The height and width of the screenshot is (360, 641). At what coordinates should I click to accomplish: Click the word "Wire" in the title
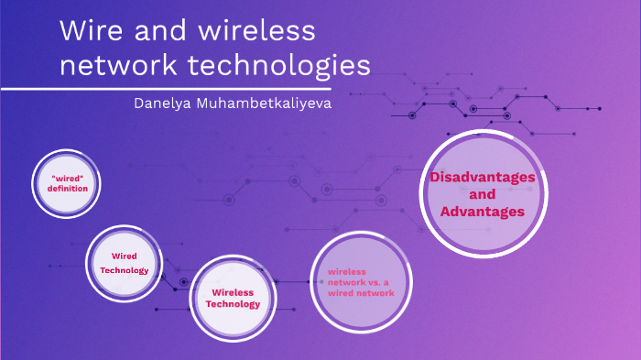click(x=90, y=31)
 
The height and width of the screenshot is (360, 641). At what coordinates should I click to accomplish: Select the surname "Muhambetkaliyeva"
click(x=265, y=104)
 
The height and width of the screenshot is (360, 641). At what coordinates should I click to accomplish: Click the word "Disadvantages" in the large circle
click(x=482, y=178)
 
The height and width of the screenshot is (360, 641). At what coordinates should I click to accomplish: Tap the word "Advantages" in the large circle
click(x=482, y=212)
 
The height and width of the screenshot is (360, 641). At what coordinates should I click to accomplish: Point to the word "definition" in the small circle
click(x=68, y=189)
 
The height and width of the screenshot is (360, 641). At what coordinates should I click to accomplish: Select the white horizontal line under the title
click(x=183, y=89)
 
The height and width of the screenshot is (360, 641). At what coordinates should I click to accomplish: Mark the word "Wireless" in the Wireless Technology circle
click(x=233, y=292)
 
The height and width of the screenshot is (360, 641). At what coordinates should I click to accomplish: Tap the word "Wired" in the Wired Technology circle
click(x=124, y=256)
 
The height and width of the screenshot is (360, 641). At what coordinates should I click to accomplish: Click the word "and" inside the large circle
click(x=482, y=194)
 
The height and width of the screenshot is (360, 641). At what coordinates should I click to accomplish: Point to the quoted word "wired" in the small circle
click(x=68, y=178)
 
